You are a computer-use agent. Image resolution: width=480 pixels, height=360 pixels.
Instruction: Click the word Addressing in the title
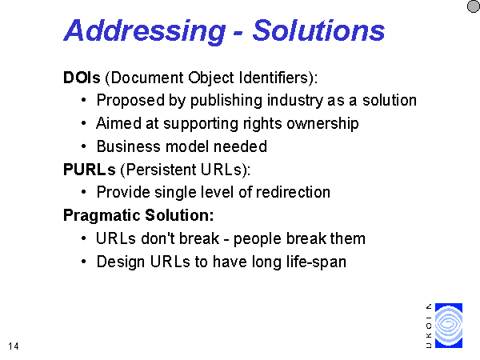145,31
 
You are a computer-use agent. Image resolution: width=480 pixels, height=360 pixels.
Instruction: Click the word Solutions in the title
318,30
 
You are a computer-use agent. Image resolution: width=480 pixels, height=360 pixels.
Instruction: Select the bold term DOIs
82,78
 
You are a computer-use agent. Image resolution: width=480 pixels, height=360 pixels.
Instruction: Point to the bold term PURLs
90,170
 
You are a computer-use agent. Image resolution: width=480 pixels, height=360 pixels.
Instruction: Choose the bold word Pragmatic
102,216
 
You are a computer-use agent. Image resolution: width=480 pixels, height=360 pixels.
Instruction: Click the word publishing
226,101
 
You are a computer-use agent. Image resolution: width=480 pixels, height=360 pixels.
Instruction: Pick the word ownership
322,124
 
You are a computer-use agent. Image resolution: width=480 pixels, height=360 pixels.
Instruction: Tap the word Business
129,146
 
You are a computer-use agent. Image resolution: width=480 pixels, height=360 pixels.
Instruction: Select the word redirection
293,192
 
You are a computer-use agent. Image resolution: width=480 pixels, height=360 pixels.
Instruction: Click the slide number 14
14,346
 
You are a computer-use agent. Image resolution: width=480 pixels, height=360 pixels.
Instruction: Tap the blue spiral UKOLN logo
449,326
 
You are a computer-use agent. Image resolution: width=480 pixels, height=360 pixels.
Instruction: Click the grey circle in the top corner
474,6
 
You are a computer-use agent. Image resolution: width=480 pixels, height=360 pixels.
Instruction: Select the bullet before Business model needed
83,146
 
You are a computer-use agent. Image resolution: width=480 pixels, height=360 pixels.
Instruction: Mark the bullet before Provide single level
83,192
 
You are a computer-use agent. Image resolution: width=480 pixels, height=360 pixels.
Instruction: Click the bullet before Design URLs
83,262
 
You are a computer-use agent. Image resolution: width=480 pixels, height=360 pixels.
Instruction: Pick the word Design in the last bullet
121,262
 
